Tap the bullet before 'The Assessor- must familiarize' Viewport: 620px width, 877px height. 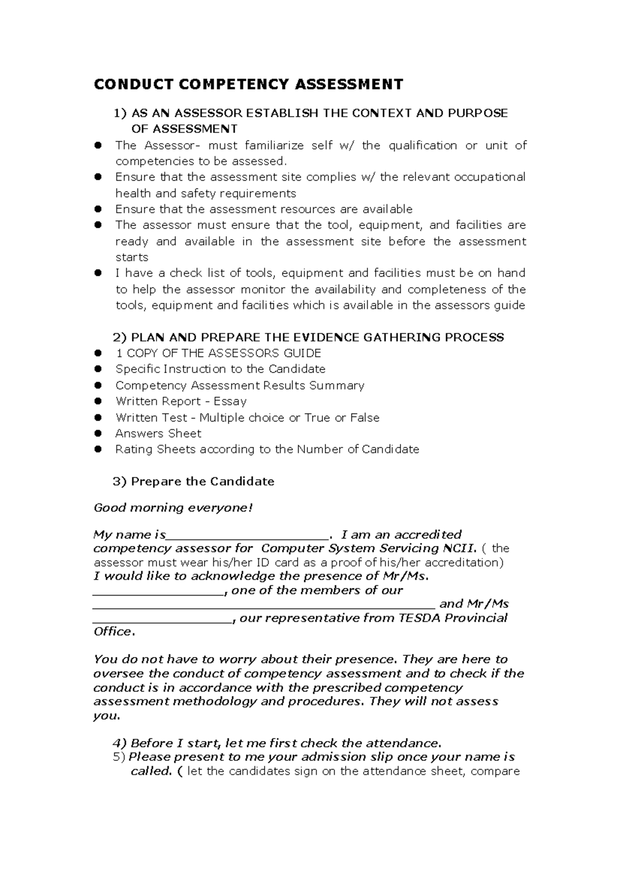click(97, 146)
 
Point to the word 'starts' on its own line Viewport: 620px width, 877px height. click(132, 257)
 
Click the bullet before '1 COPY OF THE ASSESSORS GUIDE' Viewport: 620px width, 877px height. click(97, 354)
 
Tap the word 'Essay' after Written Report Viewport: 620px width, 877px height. click(230, 401)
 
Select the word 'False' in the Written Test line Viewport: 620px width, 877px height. click(364, 417)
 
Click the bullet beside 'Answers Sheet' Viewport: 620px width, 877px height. click(97, 434)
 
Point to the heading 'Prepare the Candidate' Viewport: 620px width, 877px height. click(202, 481)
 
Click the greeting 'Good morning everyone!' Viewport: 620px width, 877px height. click(174, 508)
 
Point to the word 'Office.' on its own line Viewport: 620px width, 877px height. click(114, 632)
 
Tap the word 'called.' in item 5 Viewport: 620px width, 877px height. click(150, 771)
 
